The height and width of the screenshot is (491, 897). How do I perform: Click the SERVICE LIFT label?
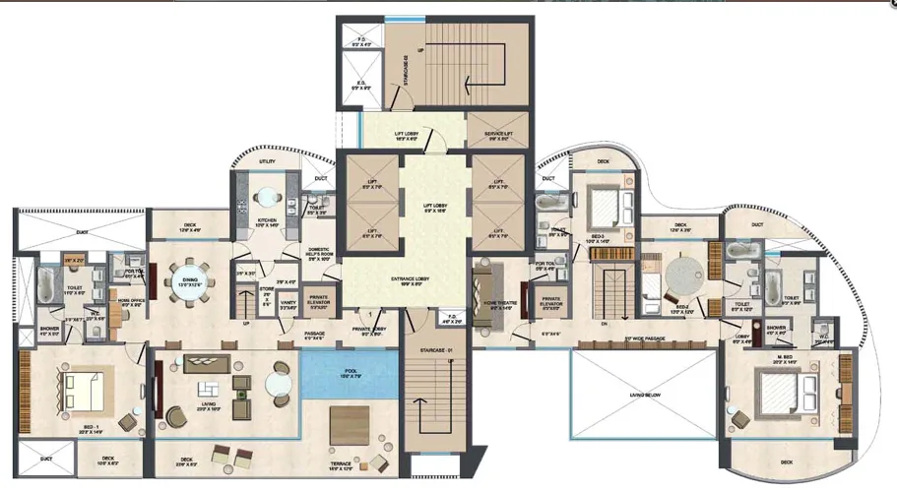pos(500,134)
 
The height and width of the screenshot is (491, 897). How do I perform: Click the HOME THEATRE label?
pos(491,306)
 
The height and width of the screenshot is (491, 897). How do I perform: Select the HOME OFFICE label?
pos(132,304)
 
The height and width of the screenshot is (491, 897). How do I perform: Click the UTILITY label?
pos(267,160)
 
